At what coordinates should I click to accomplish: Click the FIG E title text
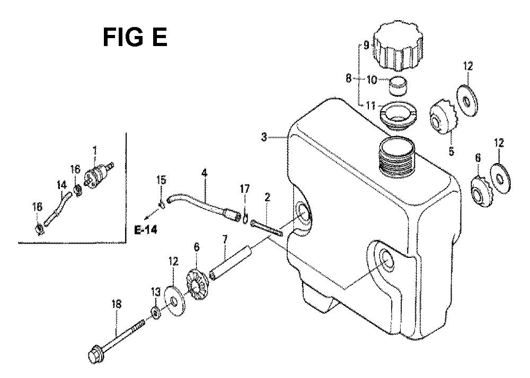point(135,38)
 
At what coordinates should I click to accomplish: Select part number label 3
point(264,137)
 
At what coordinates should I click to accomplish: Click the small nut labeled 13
point(156,312)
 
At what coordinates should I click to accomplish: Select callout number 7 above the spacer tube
point(225,240)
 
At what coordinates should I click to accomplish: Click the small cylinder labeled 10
point(397,86)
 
